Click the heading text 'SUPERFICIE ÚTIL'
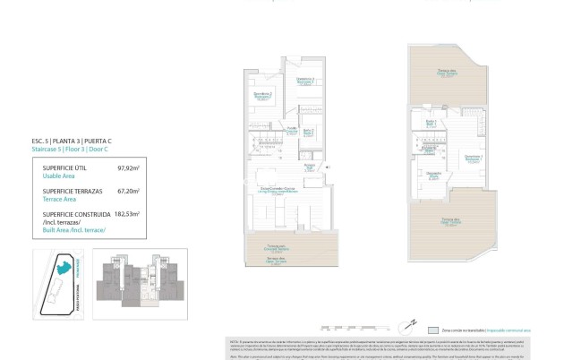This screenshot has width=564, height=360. tap(66, 167)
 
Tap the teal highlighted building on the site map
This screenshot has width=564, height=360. tap(64, 266)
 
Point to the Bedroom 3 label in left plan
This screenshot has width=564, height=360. tap(306, 81)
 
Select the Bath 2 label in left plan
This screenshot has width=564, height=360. tap(308, 132)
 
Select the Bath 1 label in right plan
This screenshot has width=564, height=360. tap(431, 124)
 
